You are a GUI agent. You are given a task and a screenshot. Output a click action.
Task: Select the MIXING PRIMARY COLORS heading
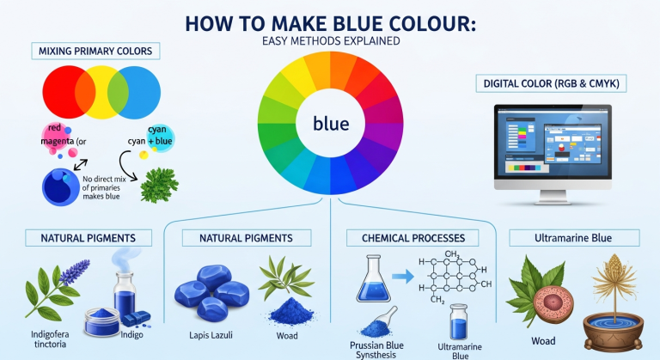coord(95,52)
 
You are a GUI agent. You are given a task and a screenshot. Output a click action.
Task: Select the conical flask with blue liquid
coord(374,276)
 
